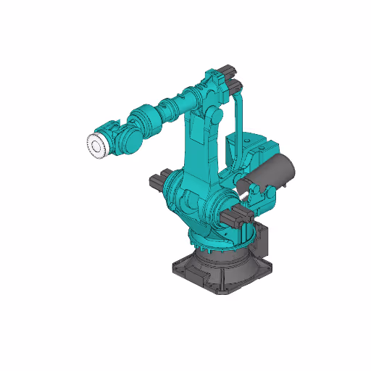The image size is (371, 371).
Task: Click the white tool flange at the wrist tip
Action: [96, 146]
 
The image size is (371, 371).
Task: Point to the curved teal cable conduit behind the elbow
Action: [241, 116]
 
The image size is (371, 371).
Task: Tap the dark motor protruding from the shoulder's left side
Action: [159, 180]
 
